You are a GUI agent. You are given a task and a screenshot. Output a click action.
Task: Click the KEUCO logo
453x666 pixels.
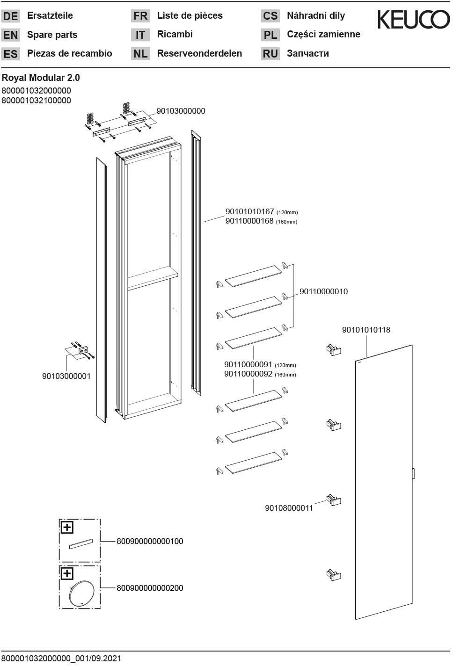(413, 20)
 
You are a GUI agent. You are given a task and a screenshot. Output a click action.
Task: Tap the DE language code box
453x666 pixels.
(10, 16)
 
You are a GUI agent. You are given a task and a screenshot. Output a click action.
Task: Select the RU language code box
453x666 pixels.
(270, 54)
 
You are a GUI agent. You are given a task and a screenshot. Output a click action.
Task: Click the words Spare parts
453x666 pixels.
(52, 35)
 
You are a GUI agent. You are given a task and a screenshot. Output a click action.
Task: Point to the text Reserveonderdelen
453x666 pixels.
(199, 53)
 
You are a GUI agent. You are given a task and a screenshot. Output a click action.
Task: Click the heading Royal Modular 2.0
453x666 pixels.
(41, 78)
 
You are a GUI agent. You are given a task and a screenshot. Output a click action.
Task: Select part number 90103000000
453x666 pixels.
(181, 111)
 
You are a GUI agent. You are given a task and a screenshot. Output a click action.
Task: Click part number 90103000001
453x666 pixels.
(66, 376)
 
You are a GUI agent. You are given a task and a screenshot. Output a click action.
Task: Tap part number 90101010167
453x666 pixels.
(249, 212)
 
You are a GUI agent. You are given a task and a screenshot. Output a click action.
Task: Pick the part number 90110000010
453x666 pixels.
(323, 291)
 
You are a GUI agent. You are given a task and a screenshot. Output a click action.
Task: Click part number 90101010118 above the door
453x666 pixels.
(366, 330)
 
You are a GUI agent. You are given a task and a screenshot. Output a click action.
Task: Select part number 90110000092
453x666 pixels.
(248, 374)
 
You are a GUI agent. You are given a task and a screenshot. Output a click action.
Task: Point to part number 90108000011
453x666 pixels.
(289, 508)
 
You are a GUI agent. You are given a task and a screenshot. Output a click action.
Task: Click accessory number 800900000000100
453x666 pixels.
(150, 541)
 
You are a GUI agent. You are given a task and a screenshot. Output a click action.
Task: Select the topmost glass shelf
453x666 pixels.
(253, 275)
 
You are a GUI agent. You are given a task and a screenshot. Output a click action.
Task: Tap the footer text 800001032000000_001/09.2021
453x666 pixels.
(61, 659)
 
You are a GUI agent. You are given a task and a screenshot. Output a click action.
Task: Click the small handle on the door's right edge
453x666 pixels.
(413, 473)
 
